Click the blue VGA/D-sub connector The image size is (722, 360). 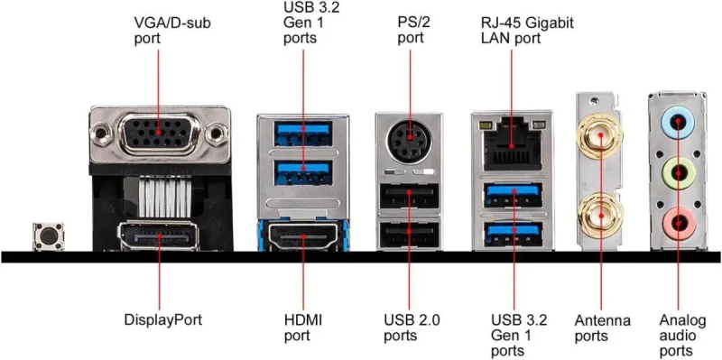click(x=160, y=134)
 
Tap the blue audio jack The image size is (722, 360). click(x=677, y=121)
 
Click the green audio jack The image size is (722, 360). click(x=677, y=171)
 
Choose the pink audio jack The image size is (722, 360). click(x=677, y=220)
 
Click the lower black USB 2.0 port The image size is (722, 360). click(x=409, y=234)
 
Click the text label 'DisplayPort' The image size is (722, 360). click(x=162, y=319)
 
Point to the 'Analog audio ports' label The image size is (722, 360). click(x=677, y=335)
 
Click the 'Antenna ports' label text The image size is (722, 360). click(x=602, y=328)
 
